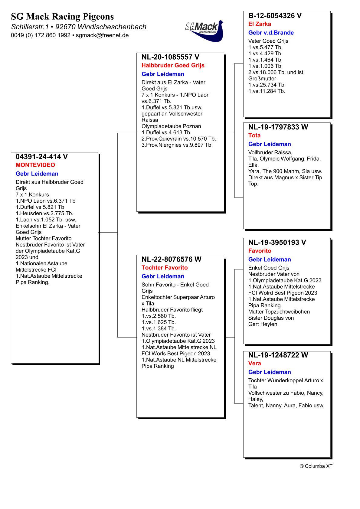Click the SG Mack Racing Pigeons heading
62,16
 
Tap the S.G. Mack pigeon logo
204,31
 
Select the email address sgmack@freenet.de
102,35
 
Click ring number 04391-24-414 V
42,157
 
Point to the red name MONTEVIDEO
35,165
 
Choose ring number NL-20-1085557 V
170,57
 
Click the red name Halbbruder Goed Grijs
173,65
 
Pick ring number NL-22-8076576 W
171,259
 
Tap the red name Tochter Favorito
165,268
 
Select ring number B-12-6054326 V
275,16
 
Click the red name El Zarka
260,24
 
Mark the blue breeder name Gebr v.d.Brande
271,33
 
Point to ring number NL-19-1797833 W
278,127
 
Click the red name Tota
254,135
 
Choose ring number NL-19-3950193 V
277,243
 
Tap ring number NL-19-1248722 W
278,355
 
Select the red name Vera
254,364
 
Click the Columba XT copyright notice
316,466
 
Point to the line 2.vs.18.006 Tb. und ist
276,72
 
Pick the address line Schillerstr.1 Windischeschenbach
79,27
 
